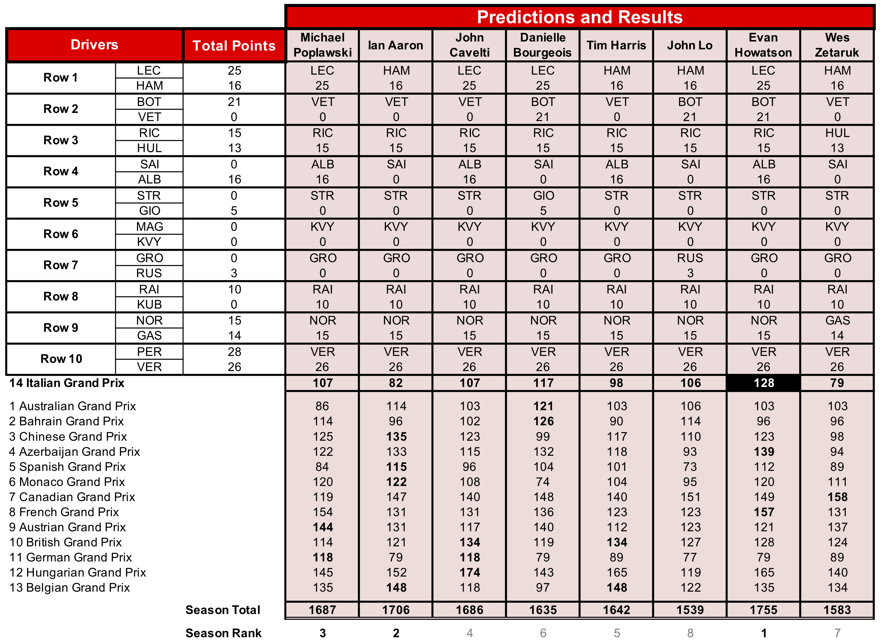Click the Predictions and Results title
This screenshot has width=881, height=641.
579,17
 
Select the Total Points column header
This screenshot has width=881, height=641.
234,46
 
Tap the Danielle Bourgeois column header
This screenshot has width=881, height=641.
542,45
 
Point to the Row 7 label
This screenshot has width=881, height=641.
61,265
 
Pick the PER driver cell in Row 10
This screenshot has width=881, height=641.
149,352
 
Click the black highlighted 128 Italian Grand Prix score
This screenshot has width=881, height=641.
763,383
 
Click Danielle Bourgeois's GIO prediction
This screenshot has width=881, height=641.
543,196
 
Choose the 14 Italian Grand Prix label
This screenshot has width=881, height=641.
67,383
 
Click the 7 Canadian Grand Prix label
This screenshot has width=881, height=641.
72,497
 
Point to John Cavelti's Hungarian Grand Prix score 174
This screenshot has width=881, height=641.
470,572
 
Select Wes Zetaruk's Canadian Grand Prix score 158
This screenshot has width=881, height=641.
837,497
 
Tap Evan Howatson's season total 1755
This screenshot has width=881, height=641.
763,610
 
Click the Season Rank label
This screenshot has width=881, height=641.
223,633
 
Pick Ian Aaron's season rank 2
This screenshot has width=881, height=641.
396,633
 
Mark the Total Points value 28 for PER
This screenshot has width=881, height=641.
234,352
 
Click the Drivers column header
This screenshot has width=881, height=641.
94,45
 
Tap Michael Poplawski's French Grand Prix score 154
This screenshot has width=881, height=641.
322,512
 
